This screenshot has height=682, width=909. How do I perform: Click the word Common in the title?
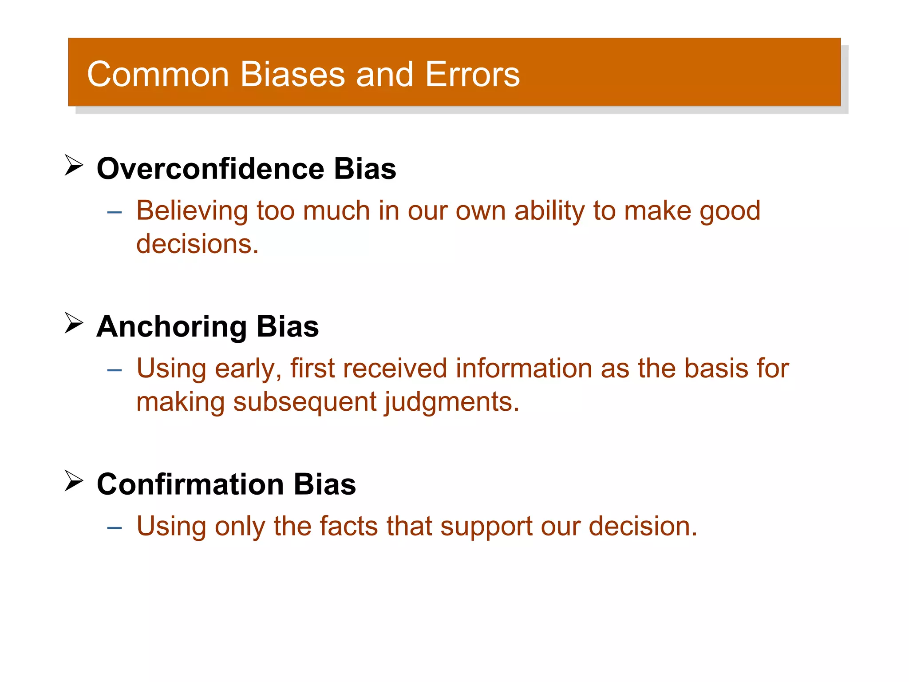(158, 74)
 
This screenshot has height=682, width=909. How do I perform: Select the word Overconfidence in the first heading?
(210, 169)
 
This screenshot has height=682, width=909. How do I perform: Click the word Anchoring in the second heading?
(171, 326)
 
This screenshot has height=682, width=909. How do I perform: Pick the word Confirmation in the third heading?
(190, 484)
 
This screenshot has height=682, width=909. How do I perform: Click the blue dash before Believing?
(115, 213)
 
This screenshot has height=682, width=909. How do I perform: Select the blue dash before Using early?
(115, 370)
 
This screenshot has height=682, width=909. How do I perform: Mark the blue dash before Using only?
(115, 528)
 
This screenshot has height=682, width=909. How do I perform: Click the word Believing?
(192, 211)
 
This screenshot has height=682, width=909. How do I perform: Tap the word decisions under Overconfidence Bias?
(197, 244)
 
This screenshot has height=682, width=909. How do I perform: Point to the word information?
(524, 369)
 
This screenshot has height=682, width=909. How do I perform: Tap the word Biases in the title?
(292, 74)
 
